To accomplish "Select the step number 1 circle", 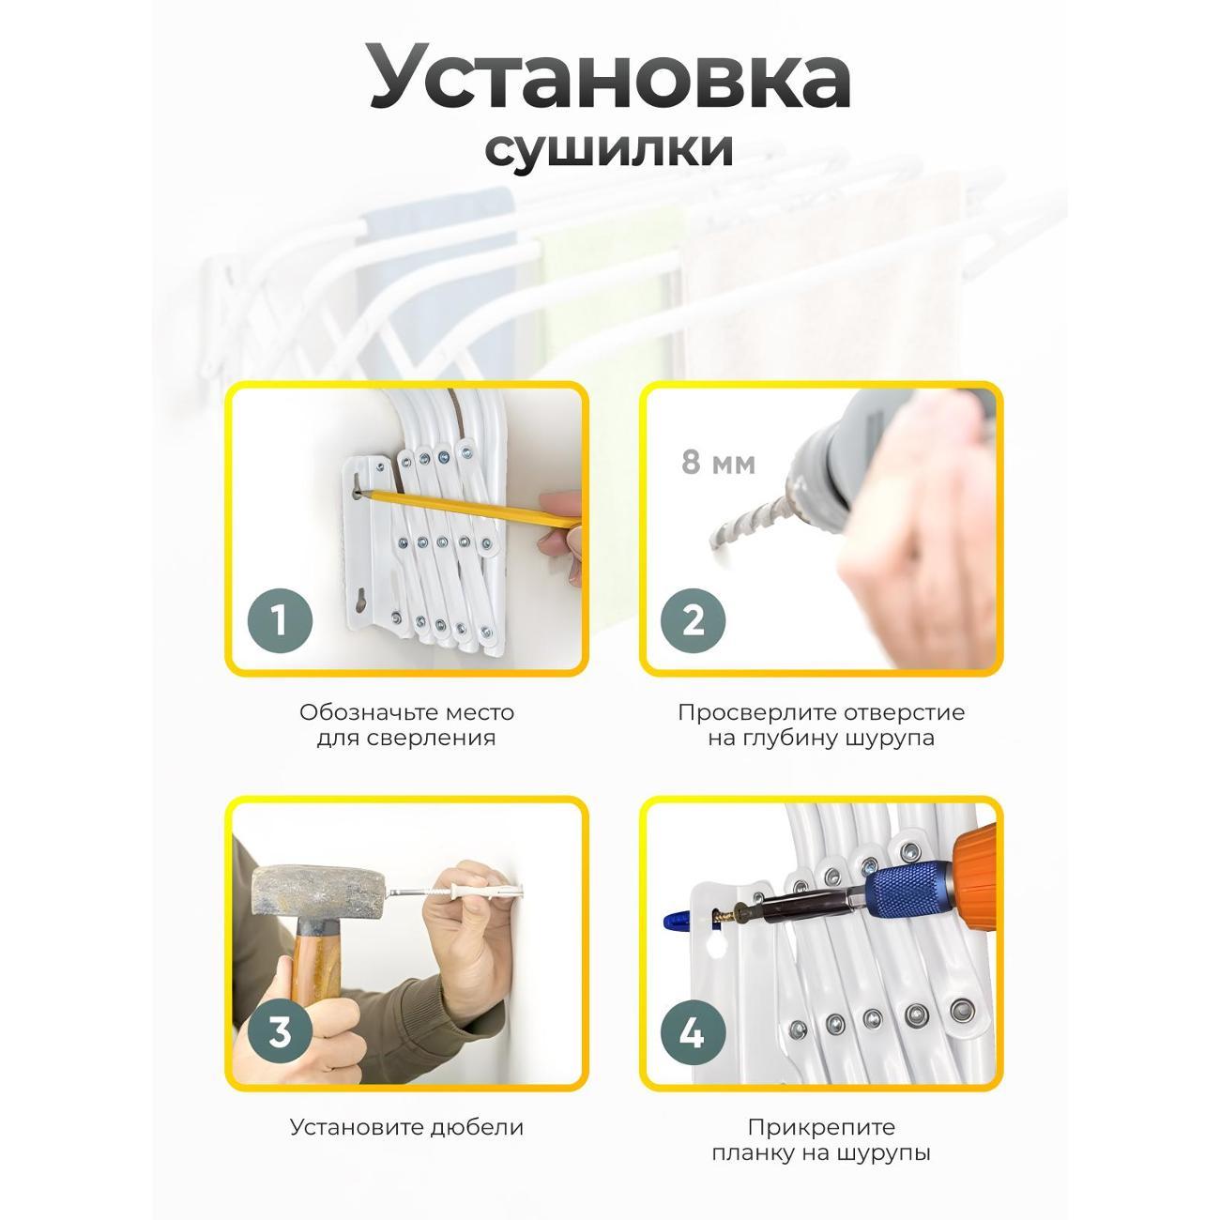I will pyautogui.click(x=279, y=620).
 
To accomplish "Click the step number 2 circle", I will pyautogui.click(x=693, y=620).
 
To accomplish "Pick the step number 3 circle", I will pyautogui.click(x=279, y=1033).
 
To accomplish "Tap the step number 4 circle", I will pyautogui.click(x=693, y=1033).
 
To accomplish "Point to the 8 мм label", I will pyautogui.click(x=718, y=464).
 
